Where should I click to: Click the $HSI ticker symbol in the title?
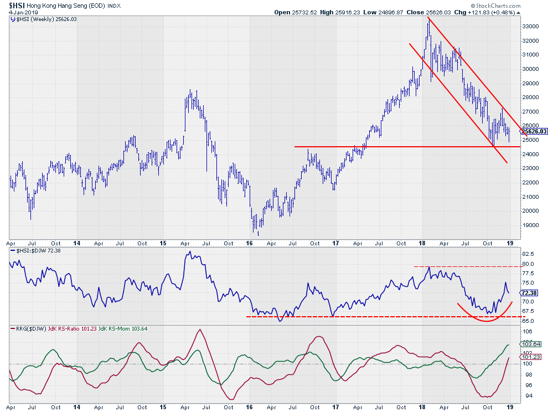click(x=17, y=6)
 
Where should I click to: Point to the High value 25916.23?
click(x=359, y=12)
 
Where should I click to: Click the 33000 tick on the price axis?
click(x=530, y=26)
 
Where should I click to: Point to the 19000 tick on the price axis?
click(x=530, y=225)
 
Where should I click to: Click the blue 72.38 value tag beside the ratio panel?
click(x=529, y=292)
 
